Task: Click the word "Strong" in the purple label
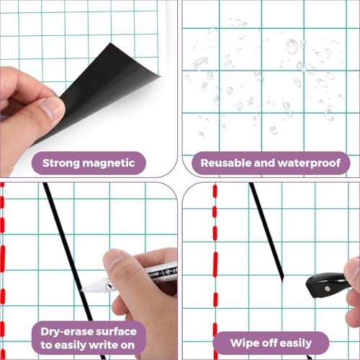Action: (x=61, y=163)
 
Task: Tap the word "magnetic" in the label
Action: (x=109, y=163)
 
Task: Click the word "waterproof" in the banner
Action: (x=309, y=163)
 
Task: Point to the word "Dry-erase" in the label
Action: (x=67, y=332)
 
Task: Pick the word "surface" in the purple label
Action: (x=116, y=332)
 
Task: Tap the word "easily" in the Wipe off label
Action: (x=296, y=343)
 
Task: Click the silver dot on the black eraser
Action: (x=326, y=289)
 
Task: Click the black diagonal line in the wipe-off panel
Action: (x=266, y=231)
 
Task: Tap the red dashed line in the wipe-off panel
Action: (x=215, y=271)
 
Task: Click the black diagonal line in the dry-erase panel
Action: (x=74, y=271)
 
